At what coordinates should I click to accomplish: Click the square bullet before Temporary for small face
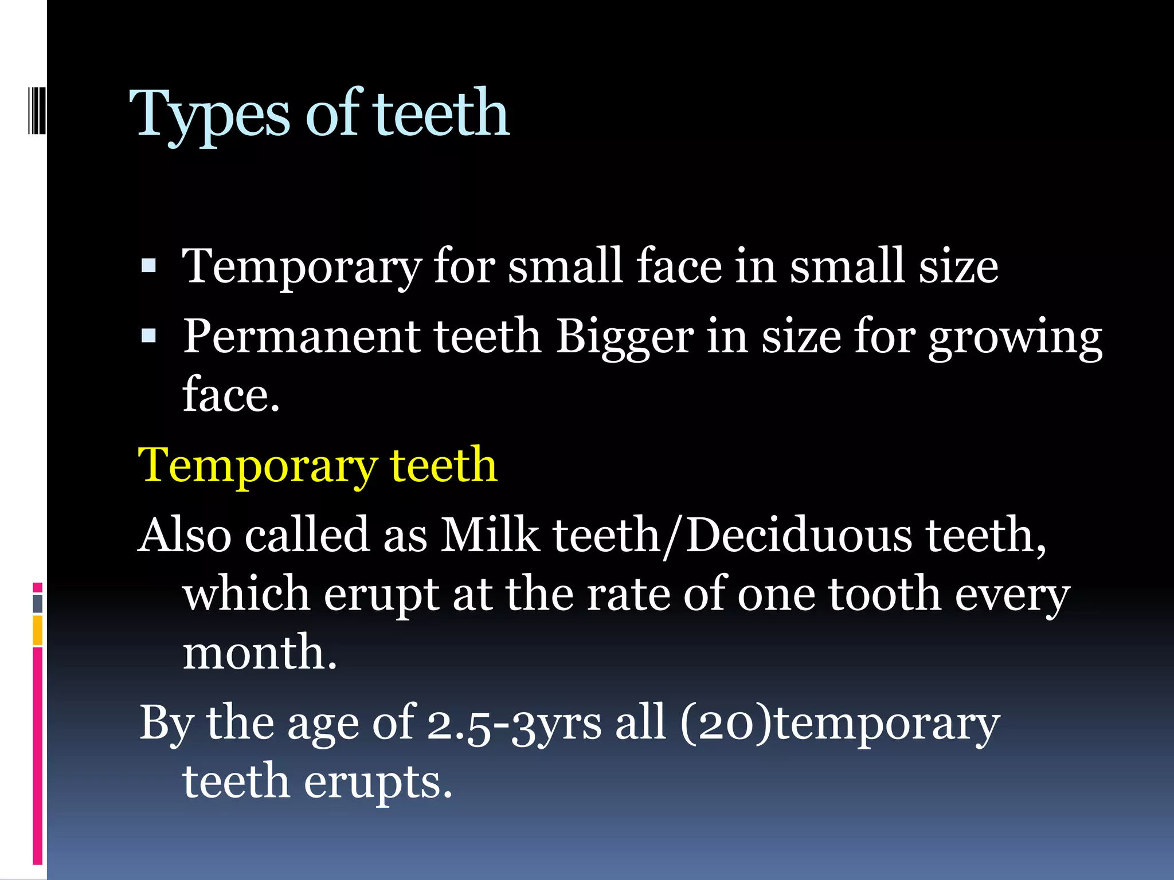tap(148, 265)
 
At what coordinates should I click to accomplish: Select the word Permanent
tap(302, 336)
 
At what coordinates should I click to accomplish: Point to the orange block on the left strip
tap(38, 630)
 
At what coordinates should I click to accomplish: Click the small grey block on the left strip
tap(38, 603)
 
